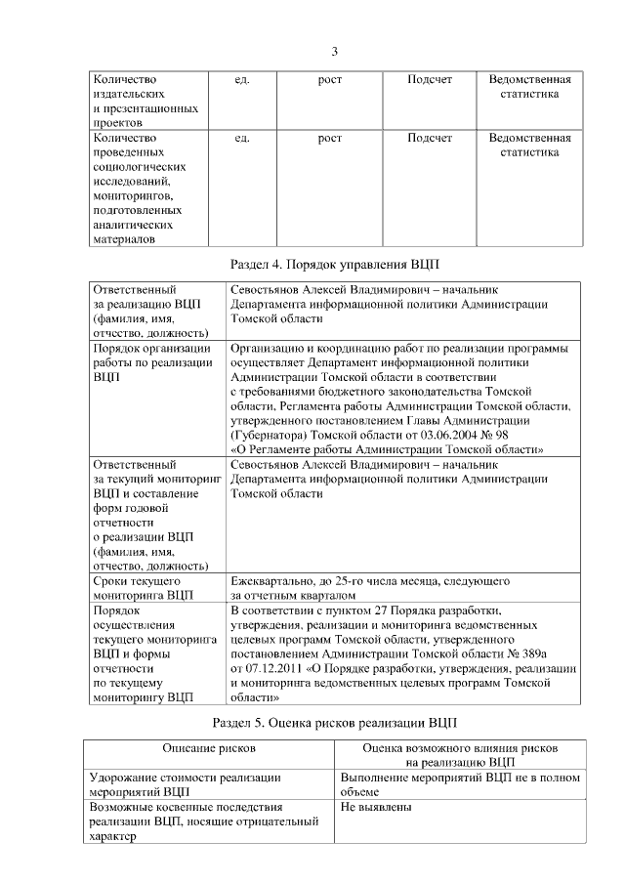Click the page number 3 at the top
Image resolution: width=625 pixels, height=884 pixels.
click(334, 52)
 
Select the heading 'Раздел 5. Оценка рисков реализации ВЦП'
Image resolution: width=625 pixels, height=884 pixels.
click(334, 723)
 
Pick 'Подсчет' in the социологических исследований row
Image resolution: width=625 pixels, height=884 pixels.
click(430, 138)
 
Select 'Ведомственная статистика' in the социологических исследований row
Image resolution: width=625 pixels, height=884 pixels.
click(529, 145)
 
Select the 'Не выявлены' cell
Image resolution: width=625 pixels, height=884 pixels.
click(376, 808)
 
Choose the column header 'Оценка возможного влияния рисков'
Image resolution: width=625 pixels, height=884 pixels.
click(459, 747)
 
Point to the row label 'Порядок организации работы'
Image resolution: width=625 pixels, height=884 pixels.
click(150, 361)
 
